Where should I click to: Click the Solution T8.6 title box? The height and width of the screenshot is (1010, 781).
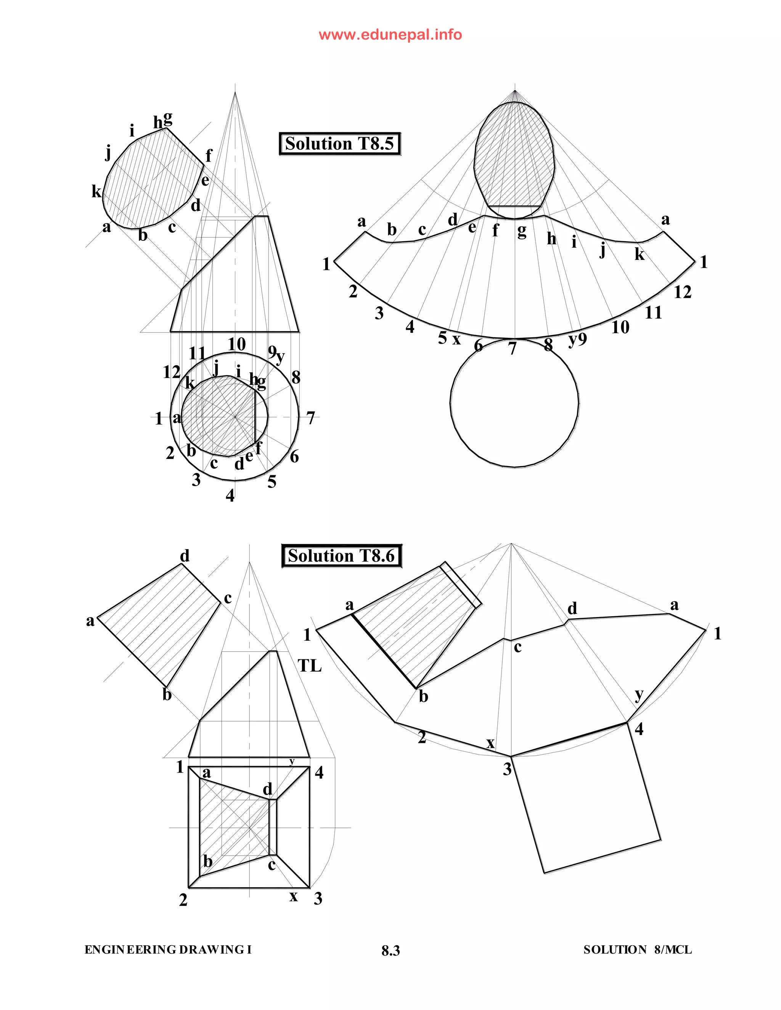(341, 556)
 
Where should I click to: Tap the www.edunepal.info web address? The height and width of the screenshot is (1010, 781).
(390, 35)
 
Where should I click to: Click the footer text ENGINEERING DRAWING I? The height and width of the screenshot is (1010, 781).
(168, 950)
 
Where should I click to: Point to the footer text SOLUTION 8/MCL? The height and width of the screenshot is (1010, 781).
(637, 950)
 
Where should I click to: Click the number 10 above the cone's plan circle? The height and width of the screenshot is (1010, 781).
(236, 344)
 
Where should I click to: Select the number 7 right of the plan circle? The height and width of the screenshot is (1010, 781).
(310, 418)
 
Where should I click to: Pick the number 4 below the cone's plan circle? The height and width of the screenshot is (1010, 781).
(230, 496)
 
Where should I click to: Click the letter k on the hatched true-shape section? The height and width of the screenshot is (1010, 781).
(96, 191)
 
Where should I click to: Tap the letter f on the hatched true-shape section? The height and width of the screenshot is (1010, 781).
(208, 156)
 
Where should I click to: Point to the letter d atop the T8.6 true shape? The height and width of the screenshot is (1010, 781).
(185, 555)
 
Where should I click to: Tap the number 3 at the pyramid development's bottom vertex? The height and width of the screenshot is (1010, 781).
(507, 769)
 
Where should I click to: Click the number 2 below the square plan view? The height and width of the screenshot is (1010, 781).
(183, 900)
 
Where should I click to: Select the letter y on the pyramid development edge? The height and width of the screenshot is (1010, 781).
(639, 694)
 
